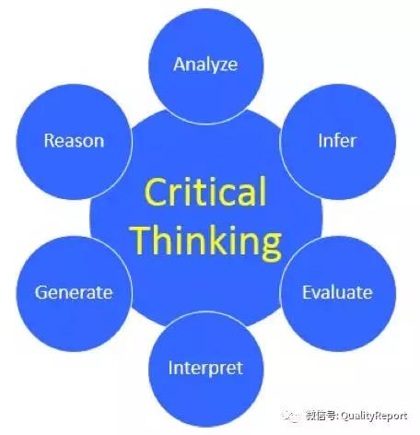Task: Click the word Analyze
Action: (x=205, y=65)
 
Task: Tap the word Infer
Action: (x=337, y=141)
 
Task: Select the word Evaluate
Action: (x=337, y=292)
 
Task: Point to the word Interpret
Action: (x=205, y=369)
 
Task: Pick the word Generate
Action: (x=74, y=292)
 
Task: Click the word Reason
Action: (x=74, y=141)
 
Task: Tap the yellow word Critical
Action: (x=205, y=192)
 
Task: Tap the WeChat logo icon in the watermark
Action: (x=291, y=416)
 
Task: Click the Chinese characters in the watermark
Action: (x=321, y=416)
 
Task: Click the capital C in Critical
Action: (x=155, y=193)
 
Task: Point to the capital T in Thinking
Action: (x=143, y=241)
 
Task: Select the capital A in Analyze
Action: (x=181, y=65)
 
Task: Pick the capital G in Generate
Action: (x=41, y=292)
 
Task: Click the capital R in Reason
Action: (x=50, y=141)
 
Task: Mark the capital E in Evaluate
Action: (x=308, y=292)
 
